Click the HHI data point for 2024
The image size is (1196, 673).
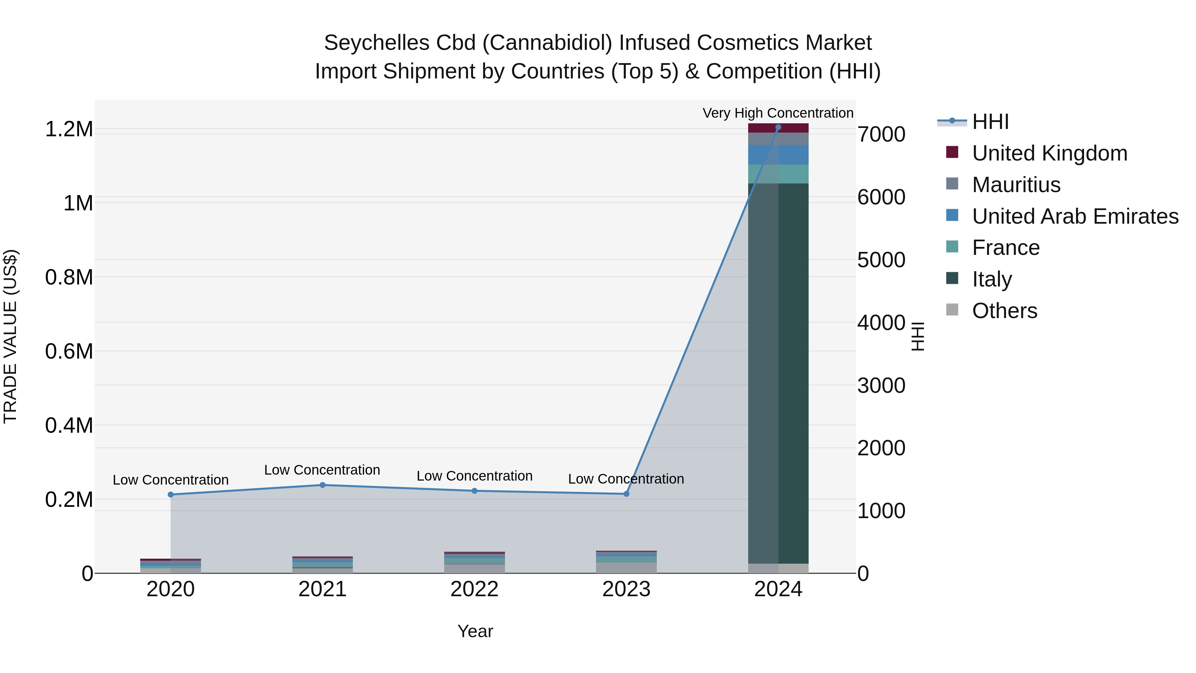click(x=778, y=127)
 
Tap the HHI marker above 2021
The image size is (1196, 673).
click(x=323, y=485)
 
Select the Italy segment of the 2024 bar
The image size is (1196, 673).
click(x=778, y=372)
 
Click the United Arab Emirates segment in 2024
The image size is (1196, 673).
click(x=778, y=155)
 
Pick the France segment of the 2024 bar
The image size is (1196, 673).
click(x=778, y=174)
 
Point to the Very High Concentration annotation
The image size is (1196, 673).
click(x=778, y=113)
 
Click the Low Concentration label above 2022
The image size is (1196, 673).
click(x=474, y=476)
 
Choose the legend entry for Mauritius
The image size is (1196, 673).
click(x=1016, y=184)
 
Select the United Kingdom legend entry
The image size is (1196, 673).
click(x=1049, y=153)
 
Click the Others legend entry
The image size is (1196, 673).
click(x=1004, y=310)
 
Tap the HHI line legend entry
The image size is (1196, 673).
click(x=990, y=122)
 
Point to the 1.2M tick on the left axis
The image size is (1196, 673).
click(x=69, y=129)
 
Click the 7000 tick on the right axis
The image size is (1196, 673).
click(x=881, y=134)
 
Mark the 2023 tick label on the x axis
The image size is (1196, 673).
click(x=626, y=589)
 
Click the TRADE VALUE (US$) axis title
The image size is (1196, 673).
click(x=10, y=336)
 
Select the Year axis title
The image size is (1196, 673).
click(x=475, y=631)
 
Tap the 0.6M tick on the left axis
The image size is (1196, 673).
click(x=69, y=351)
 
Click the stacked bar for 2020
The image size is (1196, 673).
click(x=170, y=566)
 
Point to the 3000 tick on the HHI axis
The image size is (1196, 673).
click(x=881, y=386)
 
